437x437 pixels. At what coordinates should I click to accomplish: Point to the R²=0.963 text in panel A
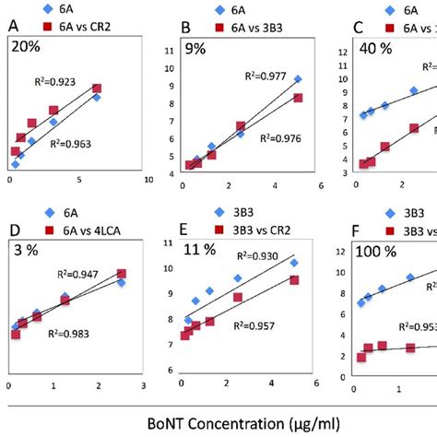click(x=89, y=143)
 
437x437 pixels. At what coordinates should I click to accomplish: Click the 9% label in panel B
click(x=194, y=48)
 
